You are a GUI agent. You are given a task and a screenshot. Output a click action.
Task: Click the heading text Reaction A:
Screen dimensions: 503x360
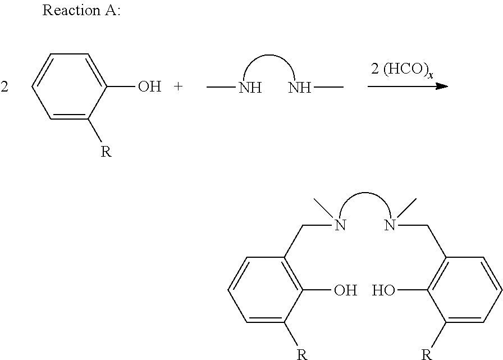point(81,10)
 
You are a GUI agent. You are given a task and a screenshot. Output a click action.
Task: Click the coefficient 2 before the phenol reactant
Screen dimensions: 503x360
point(4,86)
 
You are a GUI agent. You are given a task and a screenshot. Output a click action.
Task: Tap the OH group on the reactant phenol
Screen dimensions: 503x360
point(149,86)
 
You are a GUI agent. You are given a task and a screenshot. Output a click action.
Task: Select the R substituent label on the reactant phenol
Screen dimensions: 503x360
point(106,152)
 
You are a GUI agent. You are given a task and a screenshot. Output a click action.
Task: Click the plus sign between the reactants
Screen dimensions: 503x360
point(178,86)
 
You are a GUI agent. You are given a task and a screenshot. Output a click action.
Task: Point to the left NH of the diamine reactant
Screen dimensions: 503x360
point(250,88)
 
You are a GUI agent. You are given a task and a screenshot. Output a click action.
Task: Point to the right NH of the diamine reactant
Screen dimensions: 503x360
point(300,88)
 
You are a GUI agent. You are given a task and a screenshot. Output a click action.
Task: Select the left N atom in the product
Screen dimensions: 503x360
point(340,225)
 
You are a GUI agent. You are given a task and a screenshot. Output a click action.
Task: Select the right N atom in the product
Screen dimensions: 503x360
point(390,225)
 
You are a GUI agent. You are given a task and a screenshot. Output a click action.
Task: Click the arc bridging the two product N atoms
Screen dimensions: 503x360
point(365,193)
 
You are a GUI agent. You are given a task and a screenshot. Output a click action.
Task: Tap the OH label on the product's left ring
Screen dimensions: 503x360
point(345,290)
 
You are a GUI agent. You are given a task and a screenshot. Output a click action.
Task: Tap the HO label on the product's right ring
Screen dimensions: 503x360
point(383,290)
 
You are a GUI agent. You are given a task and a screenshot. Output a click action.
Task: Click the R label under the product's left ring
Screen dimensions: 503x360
point(302,355)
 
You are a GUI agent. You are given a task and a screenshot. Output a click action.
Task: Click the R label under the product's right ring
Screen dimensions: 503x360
point(427,355)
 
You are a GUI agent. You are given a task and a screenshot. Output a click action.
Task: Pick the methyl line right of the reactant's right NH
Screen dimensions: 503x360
point(328,86)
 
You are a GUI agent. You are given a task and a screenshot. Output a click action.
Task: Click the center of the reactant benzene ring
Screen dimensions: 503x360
point(69,86)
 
